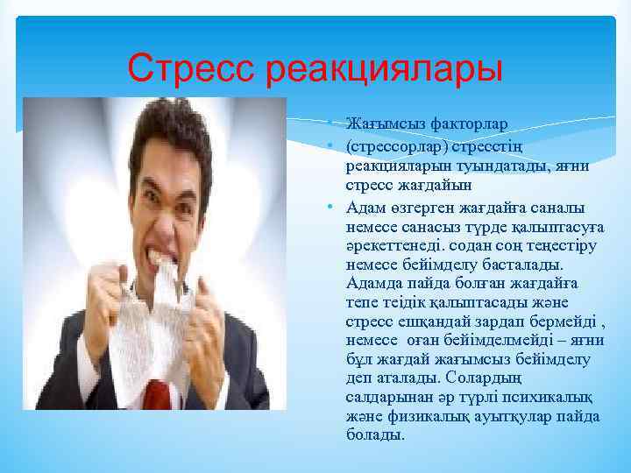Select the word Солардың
pyautogui.click(x=487, y=378)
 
